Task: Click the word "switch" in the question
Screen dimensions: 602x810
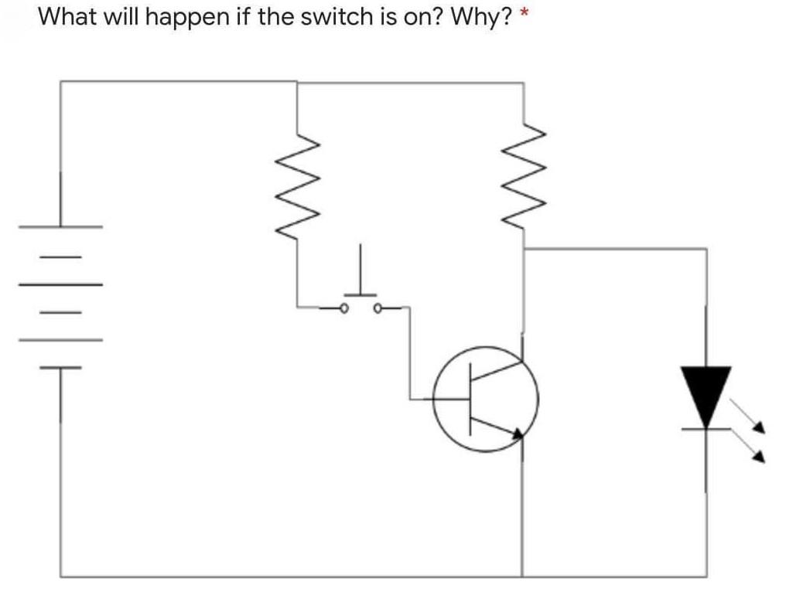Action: coord(318,16)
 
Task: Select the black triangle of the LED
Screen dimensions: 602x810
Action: coord(705,393)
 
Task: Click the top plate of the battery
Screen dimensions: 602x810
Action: coord(61,227)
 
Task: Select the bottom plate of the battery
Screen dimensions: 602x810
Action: coord(60,368)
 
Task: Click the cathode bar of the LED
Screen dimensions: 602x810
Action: coord(705,427)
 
